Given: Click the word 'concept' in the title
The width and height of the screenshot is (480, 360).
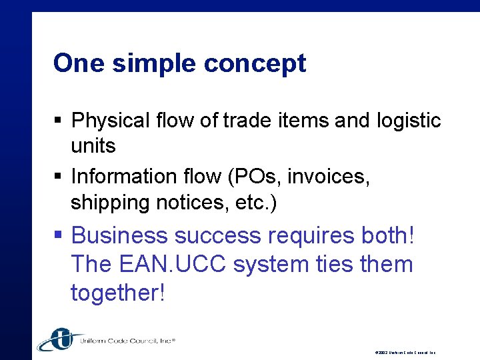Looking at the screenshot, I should (x=255, y=63).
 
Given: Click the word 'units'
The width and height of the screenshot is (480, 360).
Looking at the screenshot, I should (x=93, y=145).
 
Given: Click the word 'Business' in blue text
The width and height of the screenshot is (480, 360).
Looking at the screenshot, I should (x=119, y=235).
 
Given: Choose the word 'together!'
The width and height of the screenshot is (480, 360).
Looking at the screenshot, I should (x=117, y=292).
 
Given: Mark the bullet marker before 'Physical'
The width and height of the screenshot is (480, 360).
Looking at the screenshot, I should (x=58, y=121).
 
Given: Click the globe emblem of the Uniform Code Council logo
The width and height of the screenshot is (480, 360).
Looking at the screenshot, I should (x=57, y=339).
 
